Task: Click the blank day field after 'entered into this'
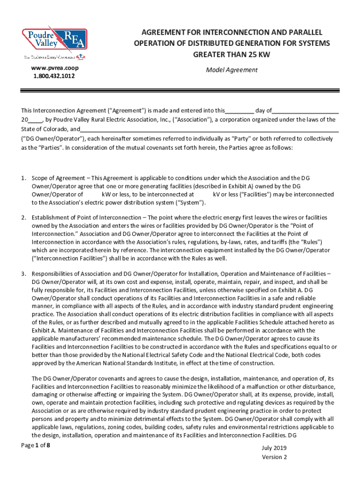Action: pos(239,111)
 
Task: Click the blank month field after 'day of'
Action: pos(305,111)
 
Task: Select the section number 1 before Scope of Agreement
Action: pos(23,178)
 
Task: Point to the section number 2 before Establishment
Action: pos(23,218)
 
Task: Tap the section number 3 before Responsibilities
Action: pos(23,274)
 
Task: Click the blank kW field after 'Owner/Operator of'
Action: pos(93,194)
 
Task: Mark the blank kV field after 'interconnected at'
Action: pos(203,194)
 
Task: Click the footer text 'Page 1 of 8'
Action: pos(36,445)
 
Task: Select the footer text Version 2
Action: pos(274,457)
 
